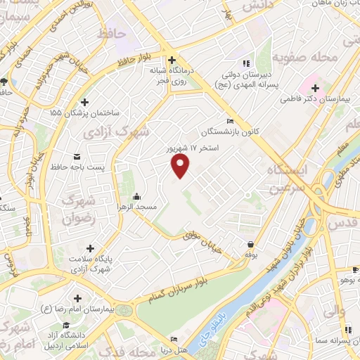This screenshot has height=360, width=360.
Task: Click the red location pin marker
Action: (181, 165)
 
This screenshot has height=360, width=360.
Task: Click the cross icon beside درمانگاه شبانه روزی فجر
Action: (172, 60)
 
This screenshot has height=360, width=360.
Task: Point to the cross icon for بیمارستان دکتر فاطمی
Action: (316, 89)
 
